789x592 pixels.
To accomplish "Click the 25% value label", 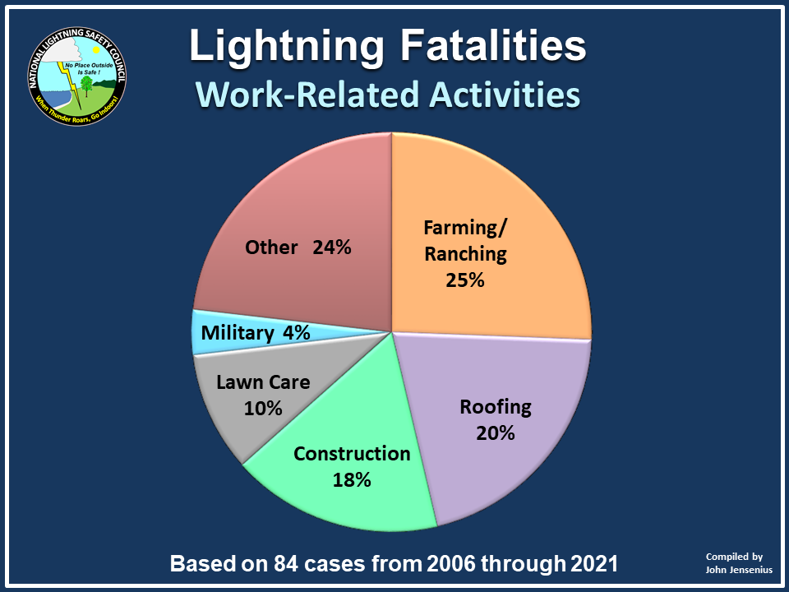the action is point(465,280).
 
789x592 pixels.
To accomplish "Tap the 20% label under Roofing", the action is point(496,433).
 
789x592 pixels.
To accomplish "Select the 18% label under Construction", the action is point(352,479).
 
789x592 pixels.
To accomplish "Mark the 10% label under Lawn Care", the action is point(263,409).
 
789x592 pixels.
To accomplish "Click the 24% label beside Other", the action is point(332,247).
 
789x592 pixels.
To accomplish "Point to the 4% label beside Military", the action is point(297,333).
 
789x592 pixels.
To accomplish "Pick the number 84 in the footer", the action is point(286,563).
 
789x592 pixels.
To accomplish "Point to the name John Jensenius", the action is point(739,570).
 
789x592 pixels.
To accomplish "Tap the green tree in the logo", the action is point(86,86).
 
